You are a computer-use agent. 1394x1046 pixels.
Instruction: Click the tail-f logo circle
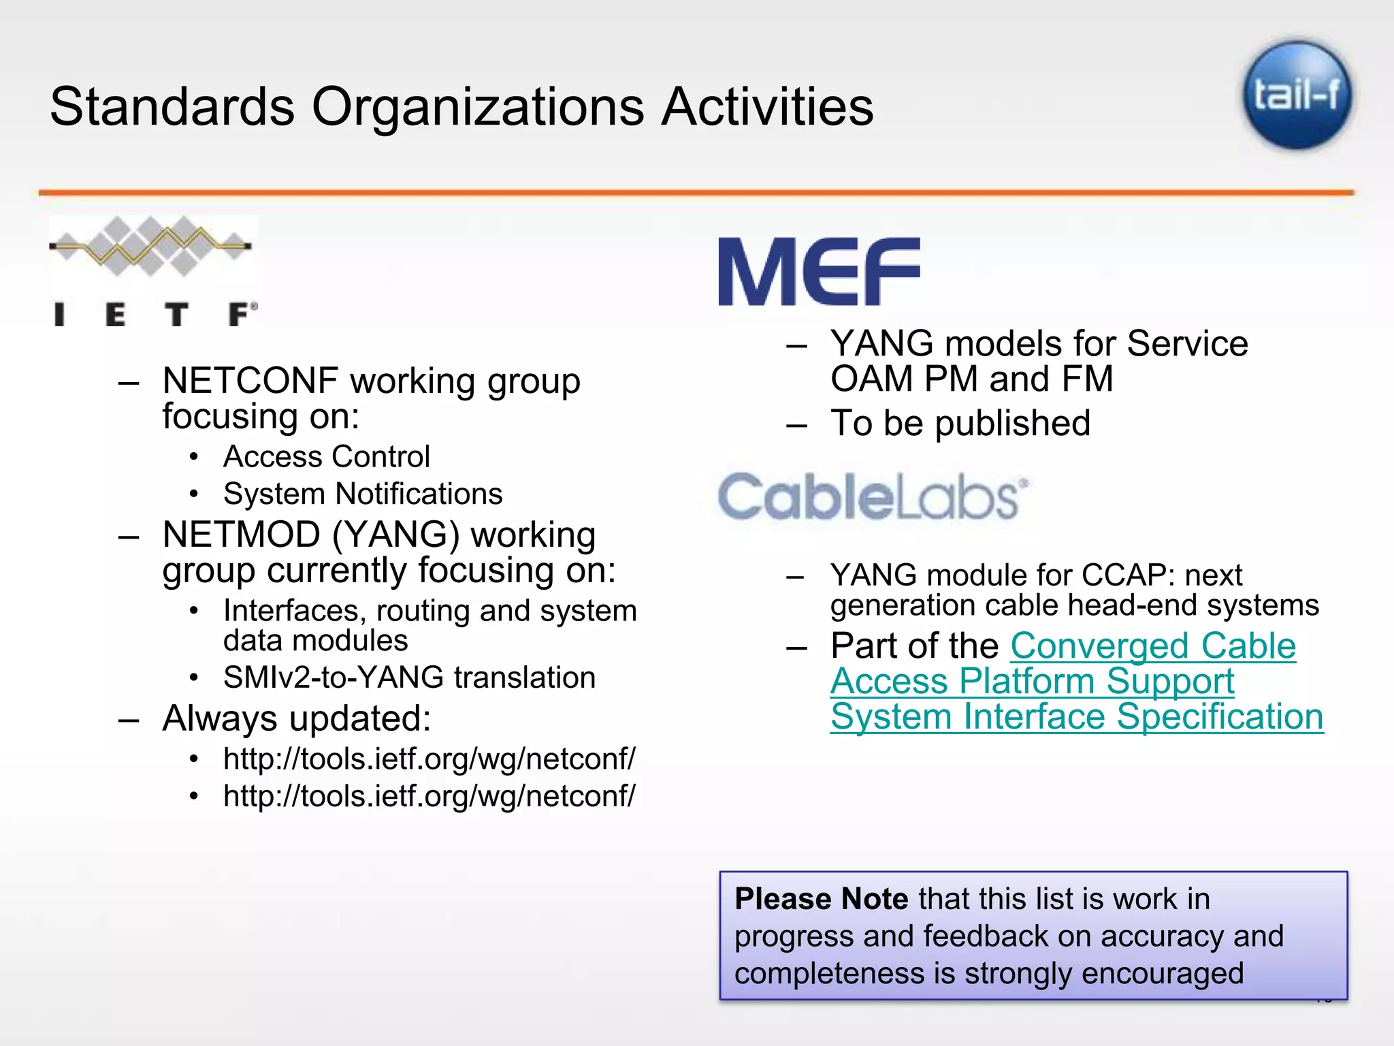tap(1297, 95)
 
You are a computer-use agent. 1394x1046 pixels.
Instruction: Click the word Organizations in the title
tap(478, 107)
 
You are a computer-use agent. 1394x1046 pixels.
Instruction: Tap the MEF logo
tap(819, 272)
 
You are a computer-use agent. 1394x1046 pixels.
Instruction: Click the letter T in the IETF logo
tap(176, 315)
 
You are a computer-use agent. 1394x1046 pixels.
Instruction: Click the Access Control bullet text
tap(327, 457)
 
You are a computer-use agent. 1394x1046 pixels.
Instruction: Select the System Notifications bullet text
tap(363, 494)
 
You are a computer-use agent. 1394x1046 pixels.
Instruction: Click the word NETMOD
tap(241, 535)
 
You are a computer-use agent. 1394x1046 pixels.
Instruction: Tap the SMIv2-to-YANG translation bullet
tap(409, 678)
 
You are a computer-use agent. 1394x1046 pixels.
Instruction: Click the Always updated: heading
tap(297, 718)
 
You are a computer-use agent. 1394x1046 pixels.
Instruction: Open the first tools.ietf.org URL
tap(429, 759)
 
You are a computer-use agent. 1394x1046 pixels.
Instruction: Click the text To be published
tap(960, 423)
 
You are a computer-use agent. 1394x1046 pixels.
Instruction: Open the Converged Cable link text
tap(1152, 646)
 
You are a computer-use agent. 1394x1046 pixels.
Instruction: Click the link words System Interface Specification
tap(1077, 717)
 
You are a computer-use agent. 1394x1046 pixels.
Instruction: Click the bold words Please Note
tap(821, 899)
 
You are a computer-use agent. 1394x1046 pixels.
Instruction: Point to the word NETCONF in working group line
tap(250, 381)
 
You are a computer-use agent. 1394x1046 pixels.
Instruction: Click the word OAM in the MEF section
tap(871, 379)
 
